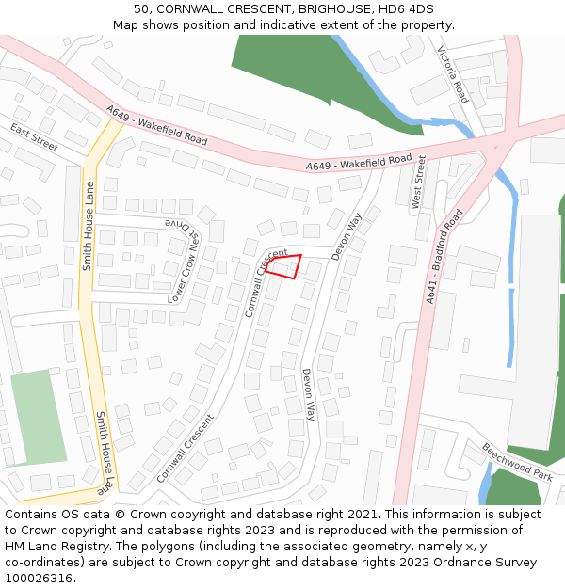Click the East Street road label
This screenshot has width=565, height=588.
(x=34, y=137)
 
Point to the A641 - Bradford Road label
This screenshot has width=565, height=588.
(x=444, y=256)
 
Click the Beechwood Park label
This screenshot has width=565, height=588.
(x=517, y=461)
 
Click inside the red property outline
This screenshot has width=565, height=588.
(x=285, y=266)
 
